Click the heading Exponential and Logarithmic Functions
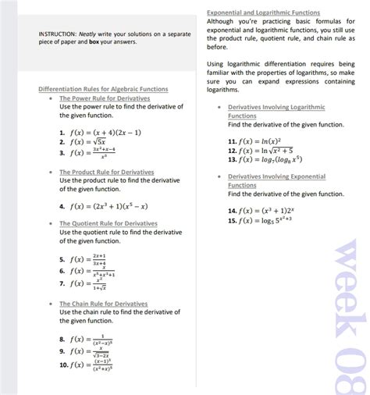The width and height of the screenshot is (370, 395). pos(263,12)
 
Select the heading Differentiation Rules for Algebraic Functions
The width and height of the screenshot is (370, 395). pos(103,89)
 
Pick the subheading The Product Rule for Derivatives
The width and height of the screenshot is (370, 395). pos(107,172)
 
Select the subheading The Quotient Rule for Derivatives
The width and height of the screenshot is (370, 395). pos(109,224)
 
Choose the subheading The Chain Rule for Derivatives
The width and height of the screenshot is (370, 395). pos(103,304)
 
